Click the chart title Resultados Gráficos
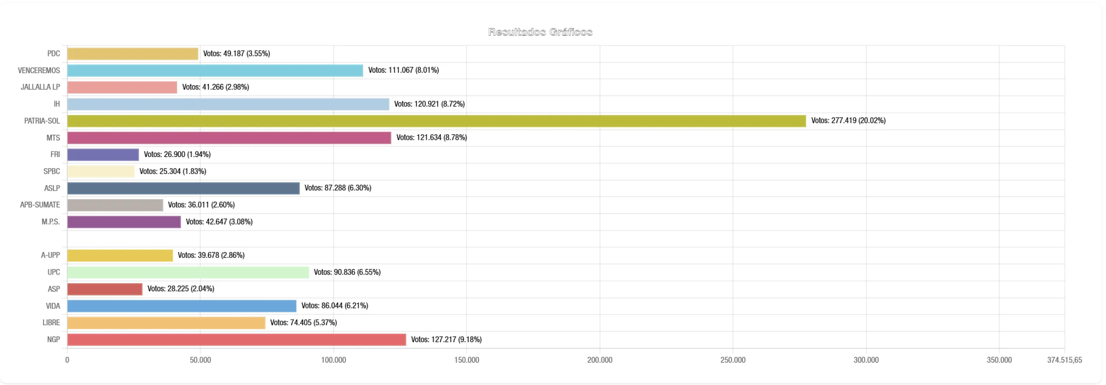[540, 32]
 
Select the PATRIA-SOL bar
[436, 121]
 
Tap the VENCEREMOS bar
[215, 71]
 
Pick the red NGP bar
[236, 340]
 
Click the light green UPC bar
[188, 272]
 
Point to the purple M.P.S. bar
[124, 222]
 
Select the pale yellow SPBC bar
[101, 171]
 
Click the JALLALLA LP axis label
[40, 87]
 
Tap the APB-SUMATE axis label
[40, 205]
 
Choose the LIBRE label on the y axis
[51, 323]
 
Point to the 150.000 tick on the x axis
[466, 360]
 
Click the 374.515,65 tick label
[1064, 360]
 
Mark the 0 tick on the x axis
[67, 360]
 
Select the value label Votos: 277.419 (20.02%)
[848, 121]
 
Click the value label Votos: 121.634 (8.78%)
[431, 137]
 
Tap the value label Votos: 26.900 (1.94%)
[177, 154]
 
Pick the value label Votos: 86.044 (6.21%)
[335, 305]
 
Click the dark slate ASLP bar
[183, 188]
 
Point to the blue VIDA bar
[181, 306]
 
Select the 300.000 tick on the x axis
[866, 360]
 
